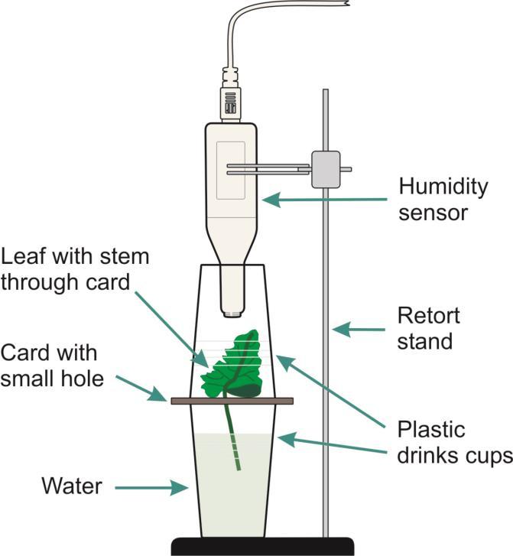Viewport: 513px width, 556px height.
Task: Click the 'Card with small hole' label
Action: (52, 365)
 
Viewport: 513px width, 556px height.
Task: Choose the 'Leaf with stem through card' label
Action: (75, 268)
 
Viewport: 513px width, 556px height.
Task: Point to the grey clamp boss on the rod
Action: (325, 168)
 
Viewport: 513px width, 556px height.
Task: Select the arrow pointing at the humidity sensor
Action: (321, 200)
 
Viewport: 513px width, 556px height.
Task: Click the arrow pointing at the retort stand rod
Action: (359, 330)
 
